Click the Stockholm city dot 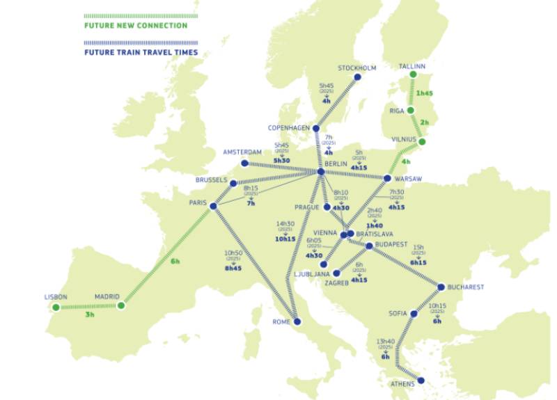[x=358, y=77]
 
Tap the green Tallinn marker [x=413, y=74]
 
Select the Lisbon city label [x=55, y=297]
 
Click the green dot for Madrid [x=121, y=305]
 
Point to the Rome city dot [x=297, y=322]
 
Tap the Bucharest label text [x=465, y=287]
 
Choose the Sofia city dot [x=414, y=314]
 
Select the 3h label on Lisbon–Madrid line [x=89, y=314]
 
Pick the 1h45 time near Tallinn [x=425, y=93]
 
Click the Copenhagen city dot [x=316, y=129]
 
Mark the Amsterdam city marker [x=244, y=163]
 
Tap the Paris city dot [x=214, y=206]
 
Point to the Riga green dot [x=411, y=111]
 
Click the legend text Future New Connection [x=135, y=26]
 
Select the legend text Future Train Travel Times [x=141, y=52]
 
